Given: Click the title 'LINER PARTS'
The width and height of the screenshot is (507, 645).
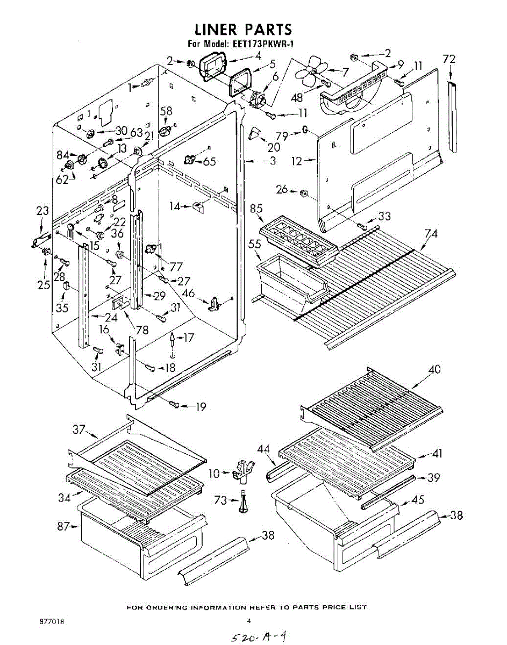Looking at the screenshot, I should coord(243,29).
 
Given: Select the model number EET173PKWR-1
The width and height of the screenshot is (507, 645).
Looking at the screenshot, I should coord(266,45).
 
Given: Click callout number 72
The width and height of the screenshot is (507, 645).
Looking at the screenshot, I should coord(449,60).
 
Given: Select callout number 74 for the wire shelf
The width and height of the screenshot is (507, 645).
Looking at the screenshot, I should coord(431,234).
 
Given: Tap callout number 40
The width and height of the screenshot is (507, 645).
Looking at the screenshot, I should coord(434,370).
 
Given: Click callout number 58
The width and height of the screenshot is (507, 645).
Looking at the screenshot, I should coord(167,111).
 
